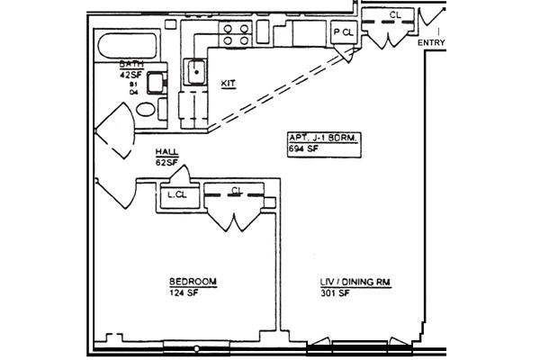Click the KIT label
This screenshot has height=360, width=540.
tap(228, 84)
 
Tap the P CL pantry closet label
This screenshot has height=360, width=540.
tap(344, 32)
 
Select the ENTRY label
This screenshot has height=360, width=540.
tap(432, 40)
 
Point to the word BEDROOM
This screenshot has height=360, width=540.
tap(193, 282)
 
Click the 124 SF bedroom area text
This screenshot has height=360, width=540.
tap(183, 292)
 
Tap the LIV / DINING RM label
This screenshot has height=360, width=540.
tap(355, 282)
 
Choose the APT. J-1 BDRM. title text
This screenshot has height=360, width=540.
tap(324, 137)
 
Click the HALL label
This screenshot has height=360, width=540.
tap(165, 151)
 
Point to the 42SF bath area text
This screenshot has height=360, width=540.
tap(133, 74)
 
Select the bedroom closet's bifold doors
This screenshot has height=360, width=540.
tap(235, 219)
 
